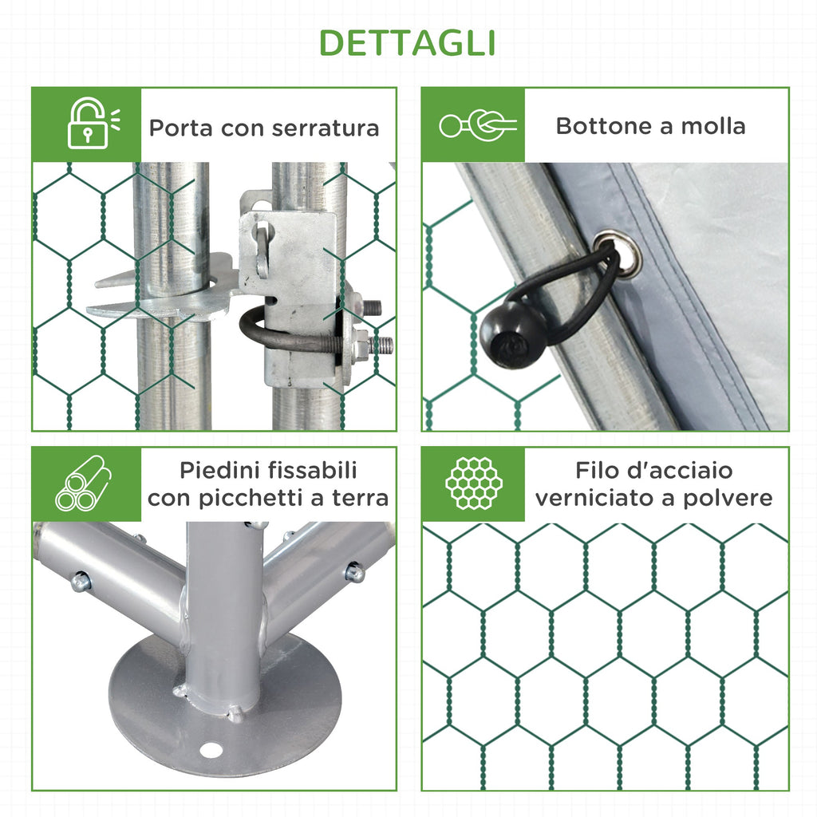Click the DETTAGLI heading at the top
(407, 43)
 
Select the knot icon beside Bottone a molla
(478, 125)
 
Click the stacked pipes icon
(83, 483)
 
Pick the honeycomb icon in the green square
(474, 483)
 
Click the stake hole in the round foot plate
(211, 750)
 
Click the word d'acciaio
(681, 471)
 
